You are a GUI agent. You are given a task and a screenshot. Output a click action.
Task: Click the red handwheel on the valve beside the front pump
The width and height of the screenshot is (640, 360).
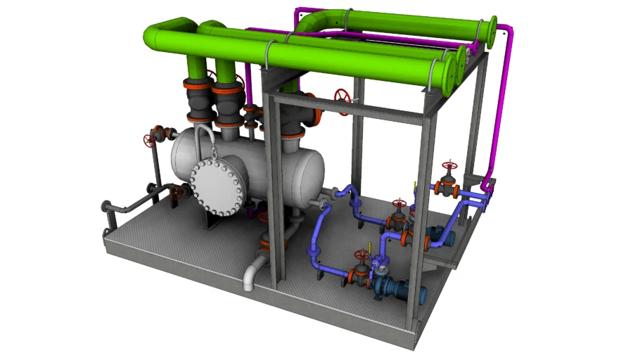(x=362, y=255)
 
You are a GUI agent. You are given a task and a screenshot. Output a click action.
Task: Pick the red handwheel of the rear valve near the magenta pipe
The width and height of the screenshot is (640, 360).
(x=448, y=167)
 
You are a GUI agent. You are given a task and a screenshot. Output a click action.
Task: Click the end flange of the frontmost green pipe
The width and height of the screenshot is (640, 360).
(x=446, y=73)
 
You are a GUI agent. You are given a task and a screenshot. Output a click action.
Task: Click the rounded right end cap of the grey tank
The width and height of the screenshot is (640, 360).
(x=315, y=171)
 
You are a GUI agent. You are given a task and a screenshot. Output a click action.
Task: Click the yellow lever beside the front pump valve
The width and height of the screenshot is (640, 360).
(x=369, y=247)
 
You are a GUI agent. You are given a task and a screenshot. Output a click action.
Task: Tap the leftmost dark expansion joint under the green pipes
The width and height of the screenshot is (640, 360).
(x=196, y=102)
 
